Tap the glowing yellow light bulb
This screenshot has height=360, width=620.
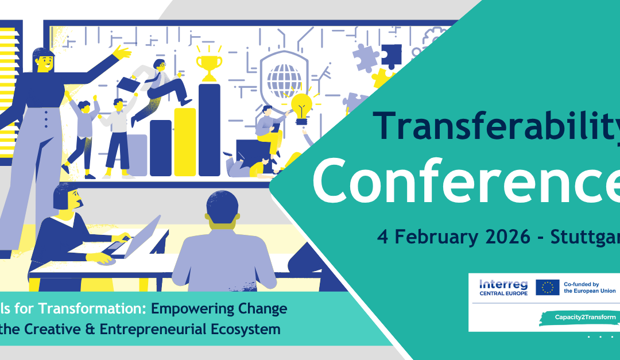[302, 106]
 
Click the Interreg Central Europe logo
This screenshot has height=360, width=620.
[502, 287]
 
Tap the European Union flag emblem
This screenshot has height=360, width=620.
[547, 287]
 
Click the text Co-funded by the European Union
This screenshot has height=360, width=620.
[588, 287]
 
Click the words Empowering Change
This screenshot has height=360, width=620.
[219, 309]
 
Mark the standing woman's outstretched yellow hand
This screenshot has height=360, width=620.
[122, 53]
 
